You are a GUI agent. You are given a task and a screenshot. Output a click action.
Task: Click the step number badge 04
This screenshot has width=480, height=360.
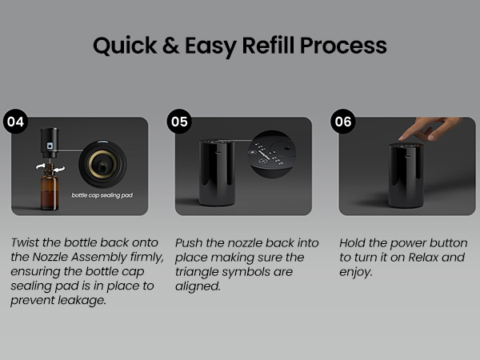(x=16, y=122)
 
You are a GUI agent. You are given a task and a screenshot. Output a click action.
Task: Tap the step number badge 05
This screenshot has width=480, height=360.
(x=179, y=122)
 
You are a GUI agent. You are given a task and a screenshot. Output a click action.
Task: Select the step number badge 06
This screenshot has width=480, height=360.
(x=343, y=122)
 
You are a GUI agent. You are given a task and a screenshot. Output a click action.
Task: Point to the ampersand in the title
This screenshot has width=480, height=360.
(x=171, y=46)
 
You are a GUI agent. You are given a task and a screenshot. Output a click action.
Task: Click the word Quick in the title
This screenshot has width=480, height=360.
(x=125, y=46)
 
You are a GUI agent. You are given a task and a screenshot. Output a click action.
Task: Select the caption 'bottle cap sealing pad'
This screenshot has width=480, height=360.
(x=102, y=195)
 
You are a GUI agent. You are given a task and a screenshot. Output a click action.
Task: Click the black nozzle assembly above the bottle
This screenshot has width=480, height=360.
(x=50, y=142)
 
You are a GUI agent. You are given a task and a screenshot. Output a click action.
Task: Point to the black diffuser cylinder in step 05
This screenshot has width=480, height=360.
(x=217, y=173)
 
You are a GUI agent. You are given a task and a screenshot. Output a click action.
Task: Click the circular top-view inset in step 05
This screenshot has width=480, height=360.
(x=272, y=154)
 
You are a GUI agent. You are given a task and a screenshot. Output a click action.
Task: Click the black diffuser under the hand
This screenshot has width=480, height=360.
(x=406, y=175)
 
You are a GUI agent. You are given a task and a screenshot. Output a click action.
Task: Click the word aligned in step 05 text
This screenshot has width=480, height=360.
(x=198, y=286)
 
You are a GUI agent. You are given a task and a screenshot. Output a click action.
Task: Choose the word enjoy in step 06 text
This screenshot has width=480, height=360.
(x=356, y=272)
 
